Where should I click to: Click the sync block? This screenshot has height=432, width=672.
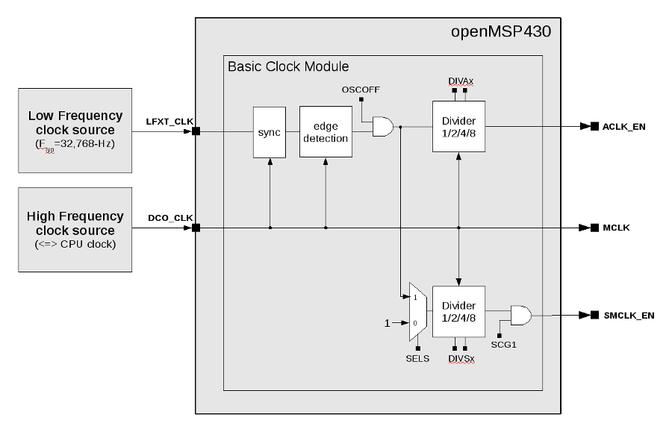(x=269, y=132)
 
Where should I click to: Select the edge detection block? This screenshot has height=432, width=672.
(x=326, y=132)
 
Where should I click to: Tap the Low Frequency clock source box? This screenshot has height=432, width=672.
(x=75, y=129)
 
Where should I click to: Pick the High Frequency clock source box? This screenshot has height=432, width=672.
(x=75, y=230)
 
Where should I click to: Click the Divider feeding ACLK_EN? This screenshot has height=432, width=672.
(x=458, y=127)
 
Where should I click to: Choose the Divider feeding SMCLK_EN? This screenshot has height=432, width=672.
(x=458, y=311)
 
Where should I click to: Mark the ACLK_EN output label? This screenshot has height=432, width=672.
(x=624, y=127)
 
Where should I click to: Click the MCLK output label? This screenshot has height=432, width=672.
(x=616, y=228)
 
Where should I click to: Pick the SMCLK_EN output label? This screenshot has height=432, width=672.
(x=628, y=316)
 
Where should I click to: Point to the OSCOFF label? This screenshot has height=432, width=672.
(x=361, y=90)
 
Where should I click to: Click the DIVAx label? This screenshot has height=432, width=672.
(x=459, y=80)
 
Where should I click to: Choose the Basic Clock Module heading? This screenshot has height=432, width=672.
(x=288, y=66)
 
